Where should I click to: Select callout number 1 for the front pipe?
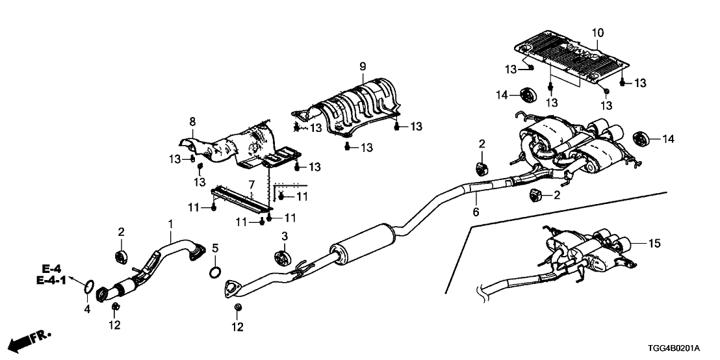pyautogui.click(x=171, y=224)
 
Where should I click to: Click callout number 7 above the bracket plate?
pyautogui.click(x=251, y=185)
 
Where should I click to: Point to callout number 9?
pyautogui.click(x=363, y=66)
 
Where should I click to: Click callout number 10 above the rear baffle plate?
pyautogui.click(x=597, y=32)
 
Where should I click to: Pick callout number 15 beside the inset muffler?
pyautogui.click(x=654, y=244)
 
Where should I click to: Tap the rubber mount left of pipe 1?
pyautogui.click(x=120, y=256)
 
